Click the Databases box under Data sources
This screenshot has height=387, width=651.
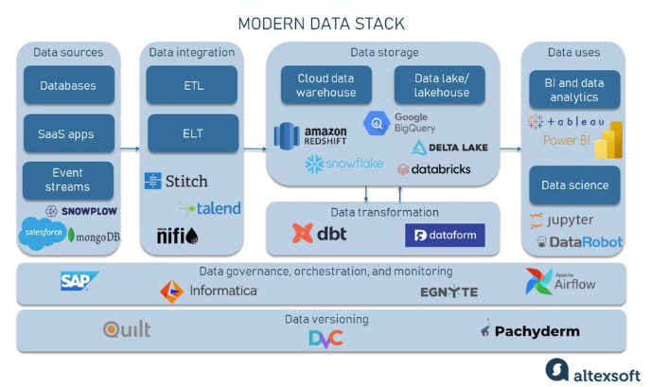[68, 85]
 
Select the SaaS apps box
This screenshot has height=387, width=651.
[68, 133]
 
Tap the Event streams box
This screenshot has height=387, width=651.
[68, 180]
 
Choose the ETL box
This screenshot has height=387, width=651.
[193, 85]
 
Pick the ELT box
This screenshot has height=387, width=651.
[193, 133]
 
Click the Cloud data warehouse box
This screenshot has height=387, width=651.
[326, 85]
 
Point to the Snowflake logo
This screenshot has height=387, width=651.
[344, 165]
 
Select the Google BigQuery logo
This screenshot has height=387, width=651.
[399, 123]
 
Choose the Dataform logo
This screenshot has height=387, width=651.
[445, 235]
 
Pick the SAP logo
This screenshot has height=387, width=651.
[79, 280]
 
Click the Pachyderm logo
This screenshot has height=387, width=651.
[530, 330]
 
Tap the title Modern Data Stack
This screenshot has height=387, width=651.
[321, 23]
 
